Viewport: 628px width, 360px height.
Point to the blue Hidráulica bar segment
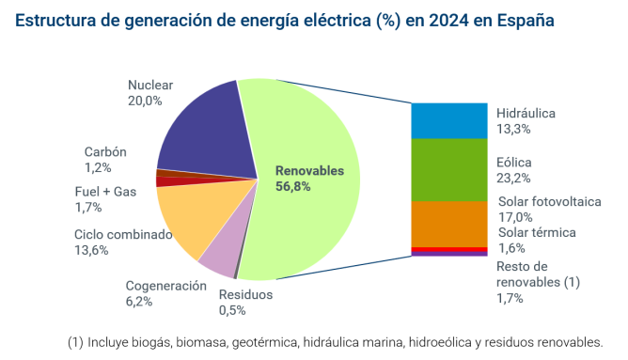pyautogui.click(x=449, y=120)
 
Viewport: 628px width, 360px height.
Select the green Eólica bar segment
pyautogui.click(x=449, y=169)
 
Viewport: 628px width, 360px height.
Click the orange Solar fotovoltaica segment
pyautogui.click(x=449, y=223)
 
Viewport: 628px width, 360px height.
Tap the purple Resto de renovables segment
pyautogui.click(x=449, y=254)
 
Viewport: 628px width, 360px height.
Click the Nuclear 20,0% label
pyautogui.click(x=149, y=92)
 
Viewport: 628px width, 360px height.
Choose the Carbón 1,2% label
pyautogui.click(x=104, y=160)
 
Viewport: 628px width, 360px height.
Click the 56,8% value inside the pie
pyautogui.click(x=293, y=186)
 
